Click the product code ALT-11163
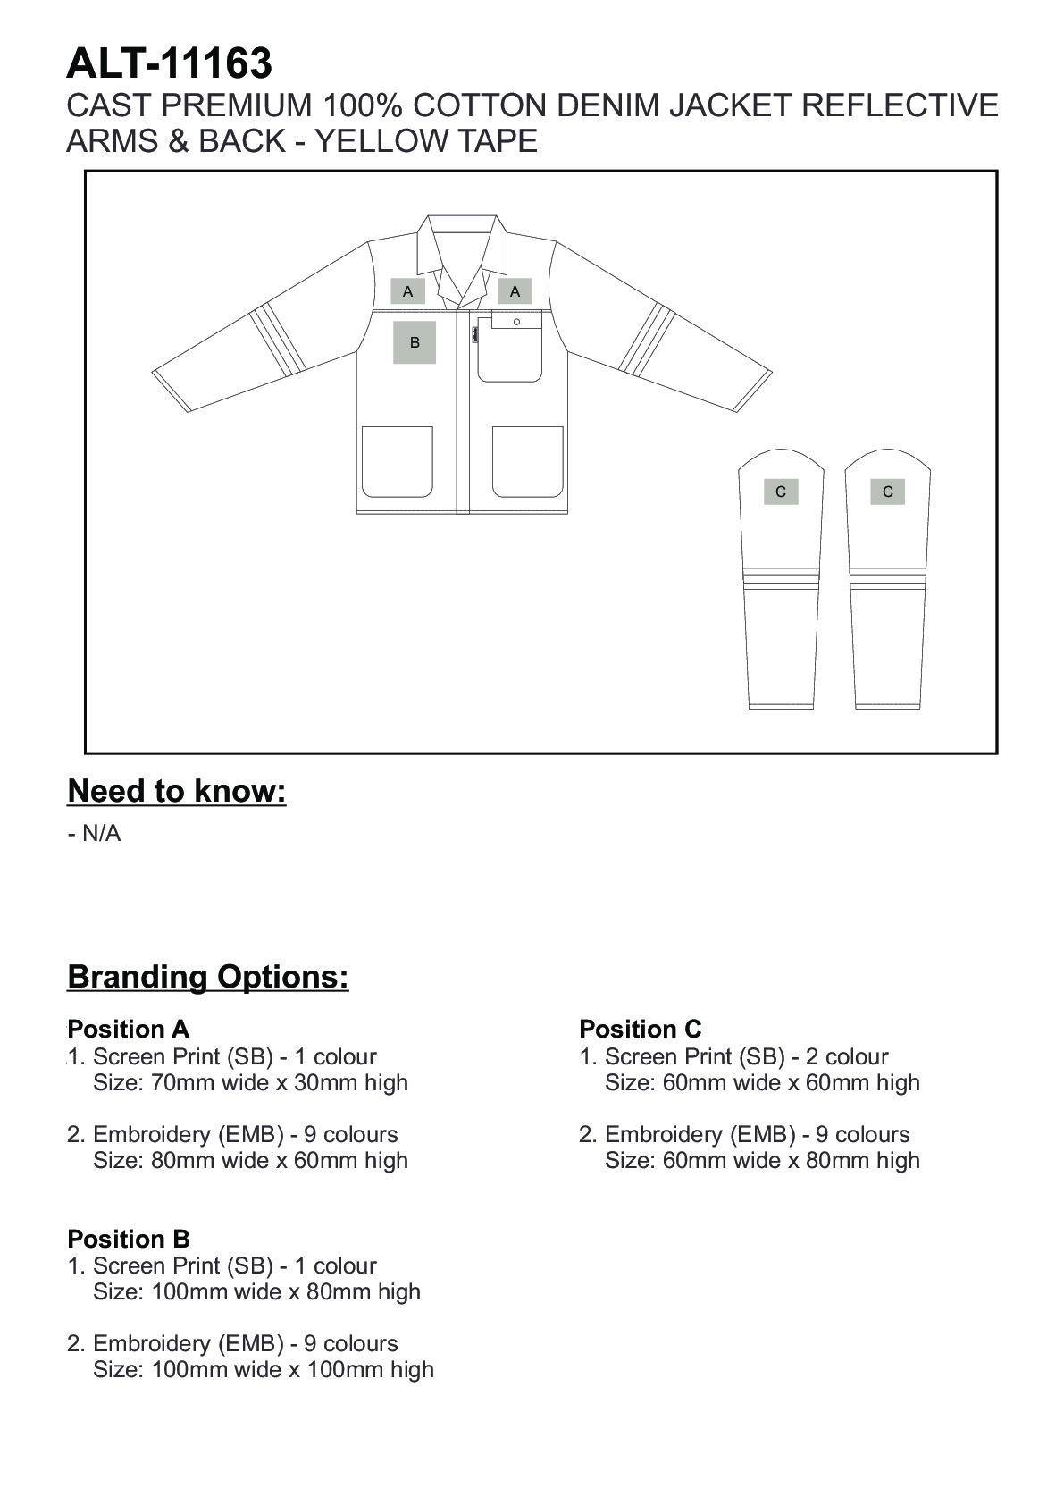(x=169, y=63)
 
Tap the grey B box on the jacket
(x=415, y=342)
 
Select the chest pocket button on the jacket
(x=516, y=322)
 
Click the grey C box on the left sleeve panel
(x=781, y=492)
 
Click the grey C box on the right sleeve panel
(x=887, y=492)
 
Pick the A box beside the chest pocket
(x=515, y=291)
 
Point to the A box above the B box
(x=408, y=291)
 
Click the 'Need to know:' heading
(x=177, y=791)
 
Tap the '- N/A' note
(x=94, y=834)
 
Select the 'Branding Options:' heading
(x=208, y=977)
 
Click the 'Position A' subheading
(x=129, y=1029)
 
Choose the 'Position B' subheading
(x=129, y=1239)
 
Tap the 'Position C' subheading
(x=641, y=1029)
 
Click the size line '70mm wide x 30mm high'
(x=250, y=1082)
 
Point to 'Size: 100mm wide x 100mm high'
(x=264, y=1369)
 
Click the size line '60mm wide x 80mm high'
(x=762, y=1160)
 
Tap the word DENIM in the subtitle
(x=608, y=105)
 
